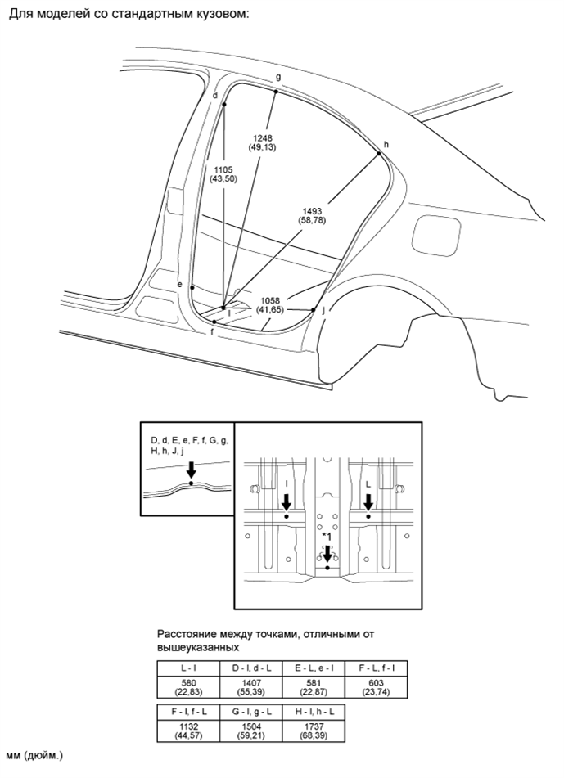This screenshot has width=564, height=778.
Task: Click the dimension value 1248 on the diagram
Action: [x=263, y=138]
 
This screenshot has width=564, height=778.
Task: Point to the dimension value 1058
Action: [x=271, y=300]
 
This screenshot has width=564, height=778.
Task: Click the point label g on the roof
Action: [x=278, y=77]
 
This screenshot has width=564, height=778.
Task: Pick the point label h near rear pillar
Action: [x=386, y=144]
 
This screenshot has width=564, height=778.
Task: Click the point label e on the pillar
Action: [x=179, y=284]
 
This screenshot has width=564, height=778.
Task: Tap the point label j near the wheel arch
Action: [x=323, y=310]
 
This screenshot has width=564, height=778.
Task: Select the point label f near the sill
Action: [x=212, y=333]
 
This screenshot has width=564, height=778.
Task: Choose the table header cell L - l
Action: [x=187, y=668]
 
